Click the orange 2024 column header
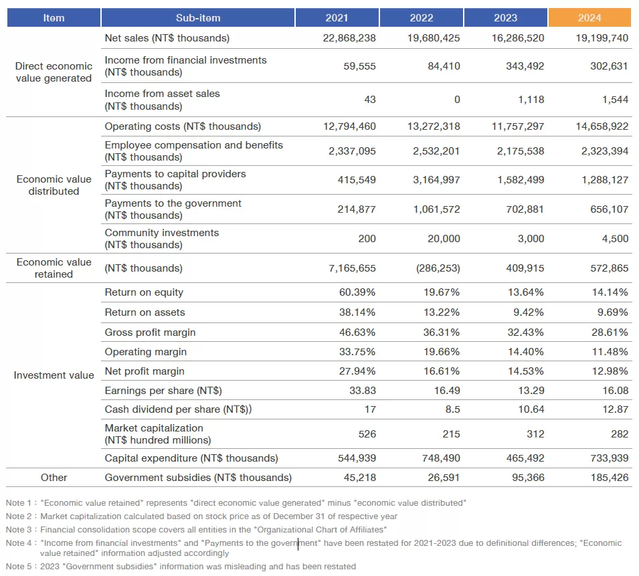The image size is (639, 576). (589, 18)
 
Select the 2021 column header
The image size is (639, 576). (337, 18)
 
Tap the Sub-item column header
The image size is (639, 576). (198, 18)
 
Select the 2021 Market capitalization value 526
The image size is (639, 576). (367, 434)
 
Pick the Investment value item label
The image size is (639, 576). (54, 375)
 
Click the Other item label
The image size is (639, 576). (54, 478)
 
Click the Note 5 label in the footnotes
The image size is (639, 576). (19, 567)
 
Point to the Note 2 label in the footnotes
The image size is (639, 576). (19, 516)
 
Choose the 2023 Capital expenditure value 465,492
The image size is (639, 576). (522, 458)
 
